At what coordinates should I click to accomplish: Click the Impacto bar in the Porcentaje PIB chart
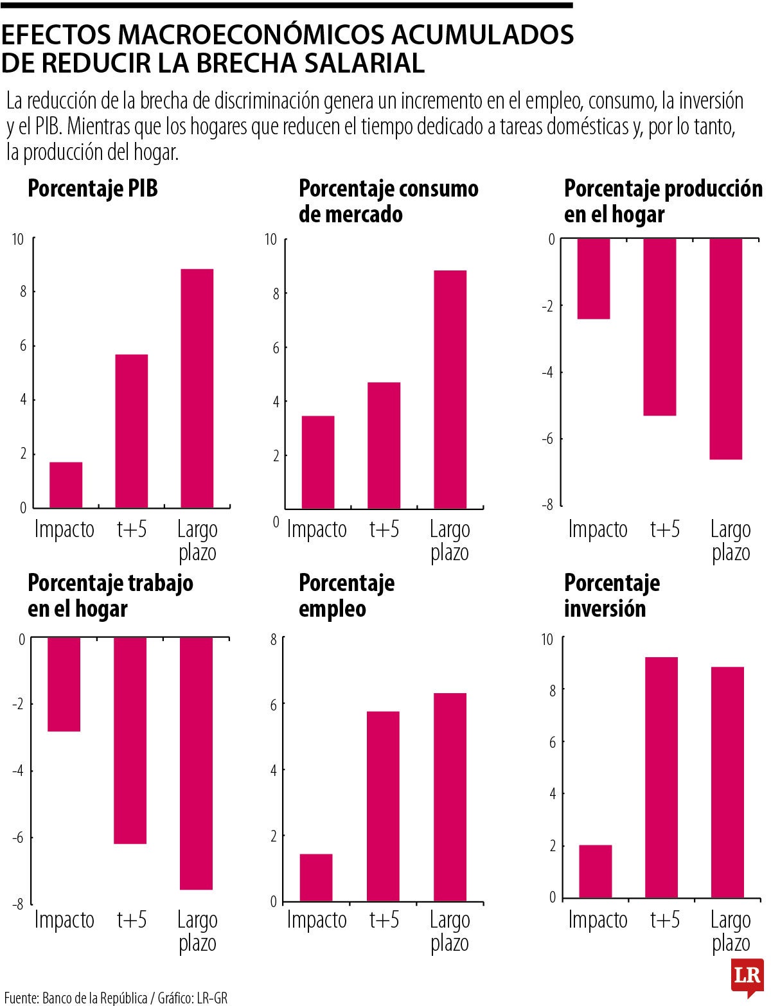(x=66, y=484)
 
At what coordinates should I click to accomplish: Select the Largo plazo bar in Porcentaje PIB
(x=197, y=388)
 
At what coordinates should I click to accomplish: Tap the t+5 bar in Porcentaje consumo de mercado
(x=384, y=445)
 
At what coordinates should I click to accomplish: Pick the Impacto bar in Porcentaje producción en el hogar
(x=594, y=278)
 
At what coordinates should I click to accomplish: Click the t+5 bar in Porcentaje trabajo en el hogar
(x=130, y=740)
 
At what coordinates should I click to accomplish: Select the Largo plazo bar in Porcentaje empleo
(x=450, y=797)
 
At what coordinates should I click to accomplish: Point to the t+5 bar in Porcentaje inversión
(x=661, y=777)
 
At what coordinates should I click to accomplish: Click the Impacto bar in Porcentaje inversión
(x=595, y=871)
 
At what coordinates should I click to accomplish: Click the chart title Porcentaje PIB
(x=93, y=189)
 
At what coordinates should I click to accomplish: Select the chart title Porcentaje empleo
(x=346, y=596)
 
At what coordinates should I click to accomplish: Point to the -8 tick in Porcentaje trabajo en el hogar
(x=17, y=903)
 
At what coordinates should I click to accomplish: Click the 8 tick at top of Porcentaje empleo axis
(x=274, y=639)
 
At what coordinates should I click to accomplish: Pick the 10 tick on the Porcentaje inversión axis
(x=547, y=639)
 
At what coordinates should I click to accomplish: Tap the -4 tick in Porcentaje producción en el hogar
(x=547, y=372)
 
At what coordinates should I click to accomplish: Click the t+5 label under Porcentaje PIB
(x=132, y=529)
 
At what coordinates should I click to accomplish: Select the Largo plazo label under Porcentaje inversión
(x=731, y=931)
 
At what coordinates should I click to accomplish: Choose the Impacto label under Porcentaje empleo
(x=317, y=920)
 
